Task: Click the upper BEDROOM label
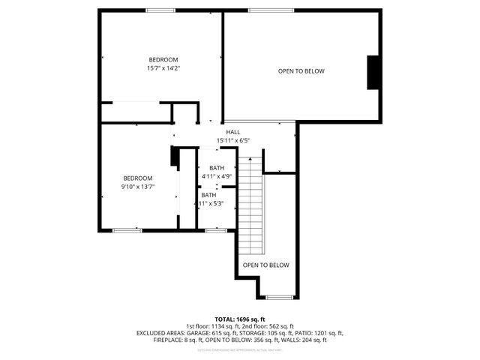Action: (x=163, y=60)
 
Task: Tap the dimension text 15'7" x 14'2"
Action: (x=163, y=68)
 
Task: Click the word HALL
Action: (x=232, y=132)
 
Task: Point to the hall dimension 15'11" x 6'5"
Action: (x=232, y=140)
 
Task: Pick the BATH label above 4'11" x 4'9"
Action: (x=217, y=168)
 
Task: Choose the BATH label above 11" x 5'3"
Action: (x=208, y=195)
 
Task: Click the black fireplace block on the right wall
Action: (x=372, y=72)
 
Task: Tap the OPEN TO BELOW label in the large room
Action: (x=301, y=71)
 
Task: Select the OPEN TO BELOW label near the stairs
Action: (x=265, y=265)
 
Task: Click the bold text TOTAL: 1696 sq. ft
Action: (x=240, y=319)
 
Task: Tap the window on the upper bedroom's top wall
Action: (x=160, y=10)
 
